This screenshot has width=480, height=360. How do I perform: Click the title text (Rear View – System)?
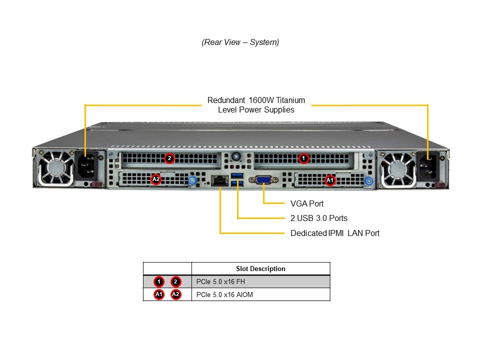pos(240,42)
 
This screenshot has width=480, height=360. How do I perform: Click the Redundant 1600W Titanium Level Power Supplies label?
pos(256,105)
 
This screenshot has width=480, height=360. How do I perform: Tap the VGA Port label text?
pos(307,203)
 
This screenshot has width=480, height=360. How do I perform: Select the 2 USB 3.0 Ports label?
pos(319,218)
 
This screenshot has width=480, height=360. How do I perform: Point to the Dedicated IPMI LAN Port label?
pos(335,233)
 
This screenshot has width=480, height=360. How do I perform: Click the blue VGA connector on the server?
pos(264,180)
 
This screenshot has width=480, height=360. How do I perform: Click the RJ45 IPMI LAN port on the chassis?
pos(218,181)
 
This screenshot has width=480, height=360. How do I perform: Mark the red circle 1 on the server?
pos(303,158)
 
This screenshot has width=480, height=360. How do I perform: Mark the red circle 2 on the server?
pos(169,158)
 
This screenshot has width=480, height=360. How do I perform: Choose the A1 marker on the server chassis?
pos(329,179)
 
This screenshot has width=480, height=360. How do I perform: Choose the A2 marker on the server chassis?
pos(156,178)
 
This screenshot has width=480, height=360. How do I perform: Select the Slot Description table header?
pos(260,268)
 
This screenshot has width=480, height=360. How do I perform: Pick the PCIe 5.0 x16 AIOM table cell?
pos(225,294)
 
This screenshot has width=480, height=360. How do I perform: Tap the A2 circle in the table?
pos(175,294)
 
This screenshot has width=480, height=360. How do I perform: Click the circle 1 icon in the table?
pos(158,281)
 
